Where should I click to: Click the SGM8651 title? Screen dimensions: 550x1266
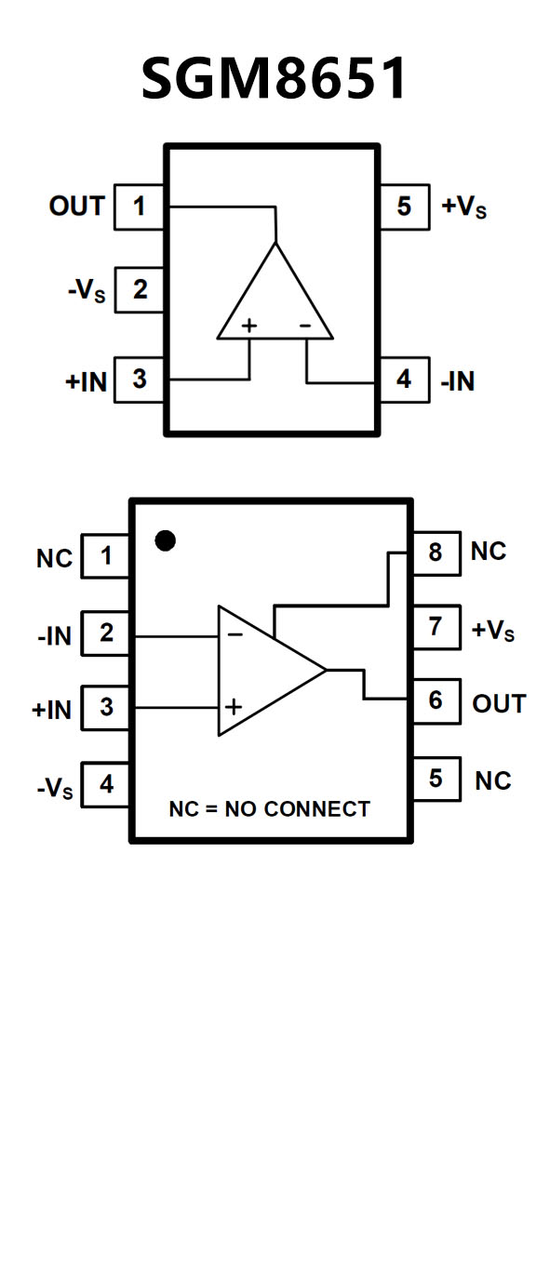pyautogui.click(x=275, y=78)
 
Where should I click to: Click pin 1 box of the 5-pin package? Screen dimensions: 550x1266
pyautogui.click(x=139, y=207)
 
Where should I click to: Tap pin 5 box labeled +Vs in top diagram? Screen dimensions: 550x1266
pyautogui.click(x=404, y=207)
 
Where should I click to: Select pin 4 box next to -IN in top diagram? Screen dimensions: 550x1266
pyautogui.click(x=404, y=380)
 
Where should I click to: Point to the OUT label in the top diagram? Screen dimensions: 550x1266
pyautogui.click(x=77, y=207)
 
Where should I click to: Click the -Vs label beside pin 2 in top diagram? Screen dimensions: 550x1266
pyautogui.click(x=87, y=290)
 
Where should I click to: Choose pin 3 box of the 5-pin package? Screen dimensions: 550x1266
pyautogui.click(x=139, y=380)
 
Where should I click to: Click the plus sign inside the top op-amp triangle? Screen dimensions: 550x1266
pyautogui.click(x=248, y=326)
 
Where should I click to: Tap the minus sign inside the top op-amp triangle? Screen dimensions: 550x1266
pyautogui.click(x=305, y=326)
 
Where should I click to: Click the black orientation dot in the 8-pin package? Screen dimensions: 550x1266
pyautogui.click(x=165, y=540)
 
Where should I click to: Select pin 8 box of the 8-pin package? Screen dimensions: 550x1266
pyautogui.click(x=436, y=553)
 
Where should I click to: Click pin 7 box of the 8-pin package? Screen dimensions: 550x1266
pyautogui.click(x=436, y=627)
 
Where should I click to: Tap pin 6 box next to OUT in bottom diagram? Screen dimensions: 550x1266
pyautogui.click(x=436, y=701)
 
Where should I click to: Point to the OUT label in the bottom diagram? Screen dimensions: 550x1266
pyautogui.click(x=499, y=703)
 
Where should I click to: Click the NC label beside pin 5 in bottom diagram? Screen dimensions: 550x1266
pyautogui.click(x=493, y=781)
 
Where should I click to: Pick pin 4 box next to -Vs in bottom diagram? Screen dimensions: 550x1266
pyautogui.click(x=106, y=784)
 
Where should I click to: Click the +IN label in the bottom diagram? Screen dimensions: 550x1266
pyautogui.click(x=51, y=710)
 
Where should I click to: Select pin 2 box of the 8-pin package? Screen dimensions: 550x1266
pyautogui.click(x=106, y=633)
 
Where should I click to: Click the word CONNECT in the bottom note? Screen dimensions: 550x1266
pyautogui.click(x=317, y=809)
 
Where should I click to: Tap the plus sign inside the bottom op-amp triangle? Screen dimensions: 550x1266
pyautogui.click(x=234, y=707)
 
